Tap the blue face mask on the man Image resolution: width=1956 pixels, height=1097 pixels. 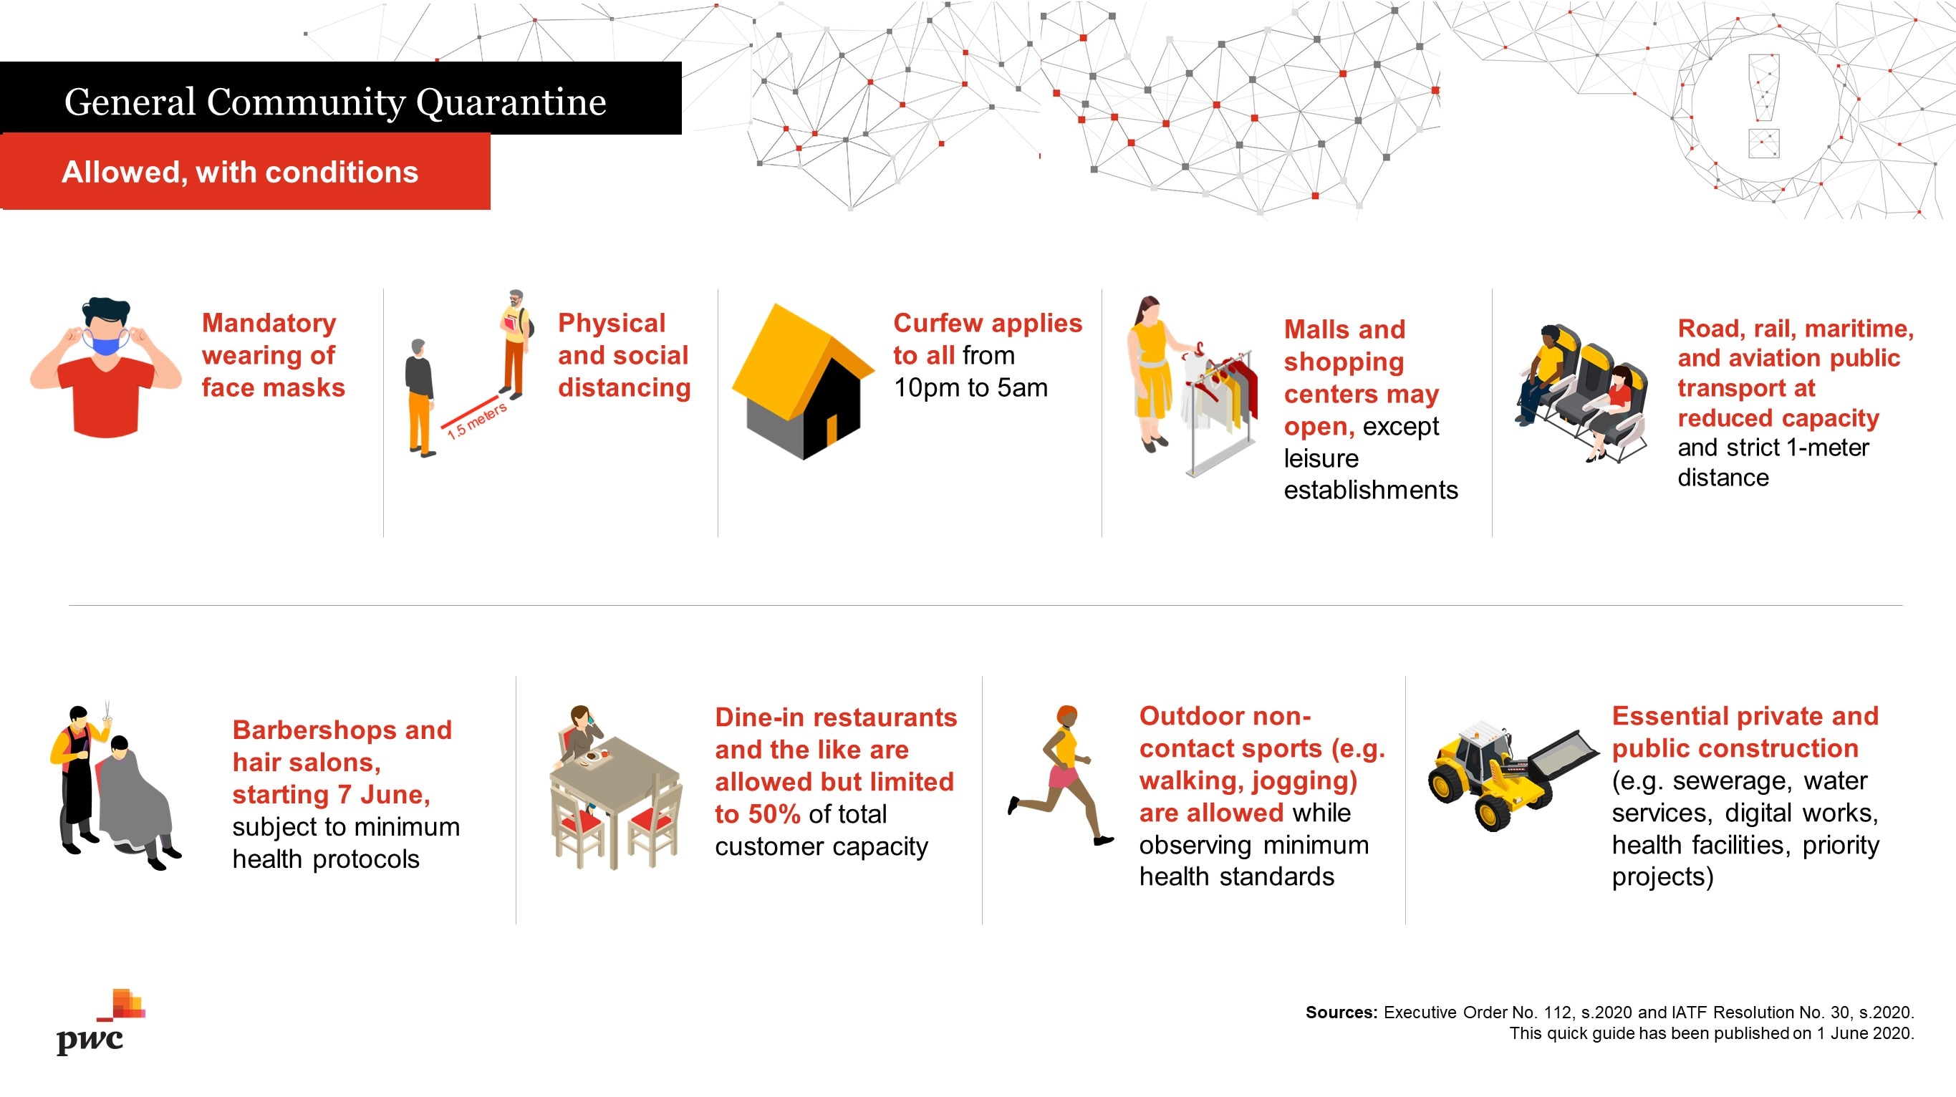tap(106, 342)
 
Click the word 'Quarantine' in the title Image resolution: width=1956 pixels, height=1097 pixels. tap(511, 102)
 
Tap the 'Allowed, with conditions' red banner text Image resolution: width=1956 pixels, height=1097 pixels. tap(240, 173)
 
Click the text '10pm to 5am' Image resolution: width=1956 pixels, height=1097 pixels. tap(970, 388)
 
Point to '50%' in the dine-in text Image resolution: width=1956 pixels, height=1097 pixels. tap(774, 814)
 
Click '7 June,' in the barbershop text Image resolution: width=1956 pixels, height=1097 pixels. tap(383, 795)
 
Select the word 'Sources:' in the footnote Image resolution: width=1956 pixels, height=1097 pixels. tap(1341, 1012)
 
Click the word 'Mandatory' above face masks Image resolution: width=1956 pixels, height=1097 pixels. tap(269, 324)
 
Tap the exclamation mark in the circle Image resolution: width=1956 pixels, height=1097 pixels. tap(1763, 105)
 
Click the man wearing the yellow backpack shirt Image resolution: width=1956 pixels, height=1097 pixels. tap(516, 343)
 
